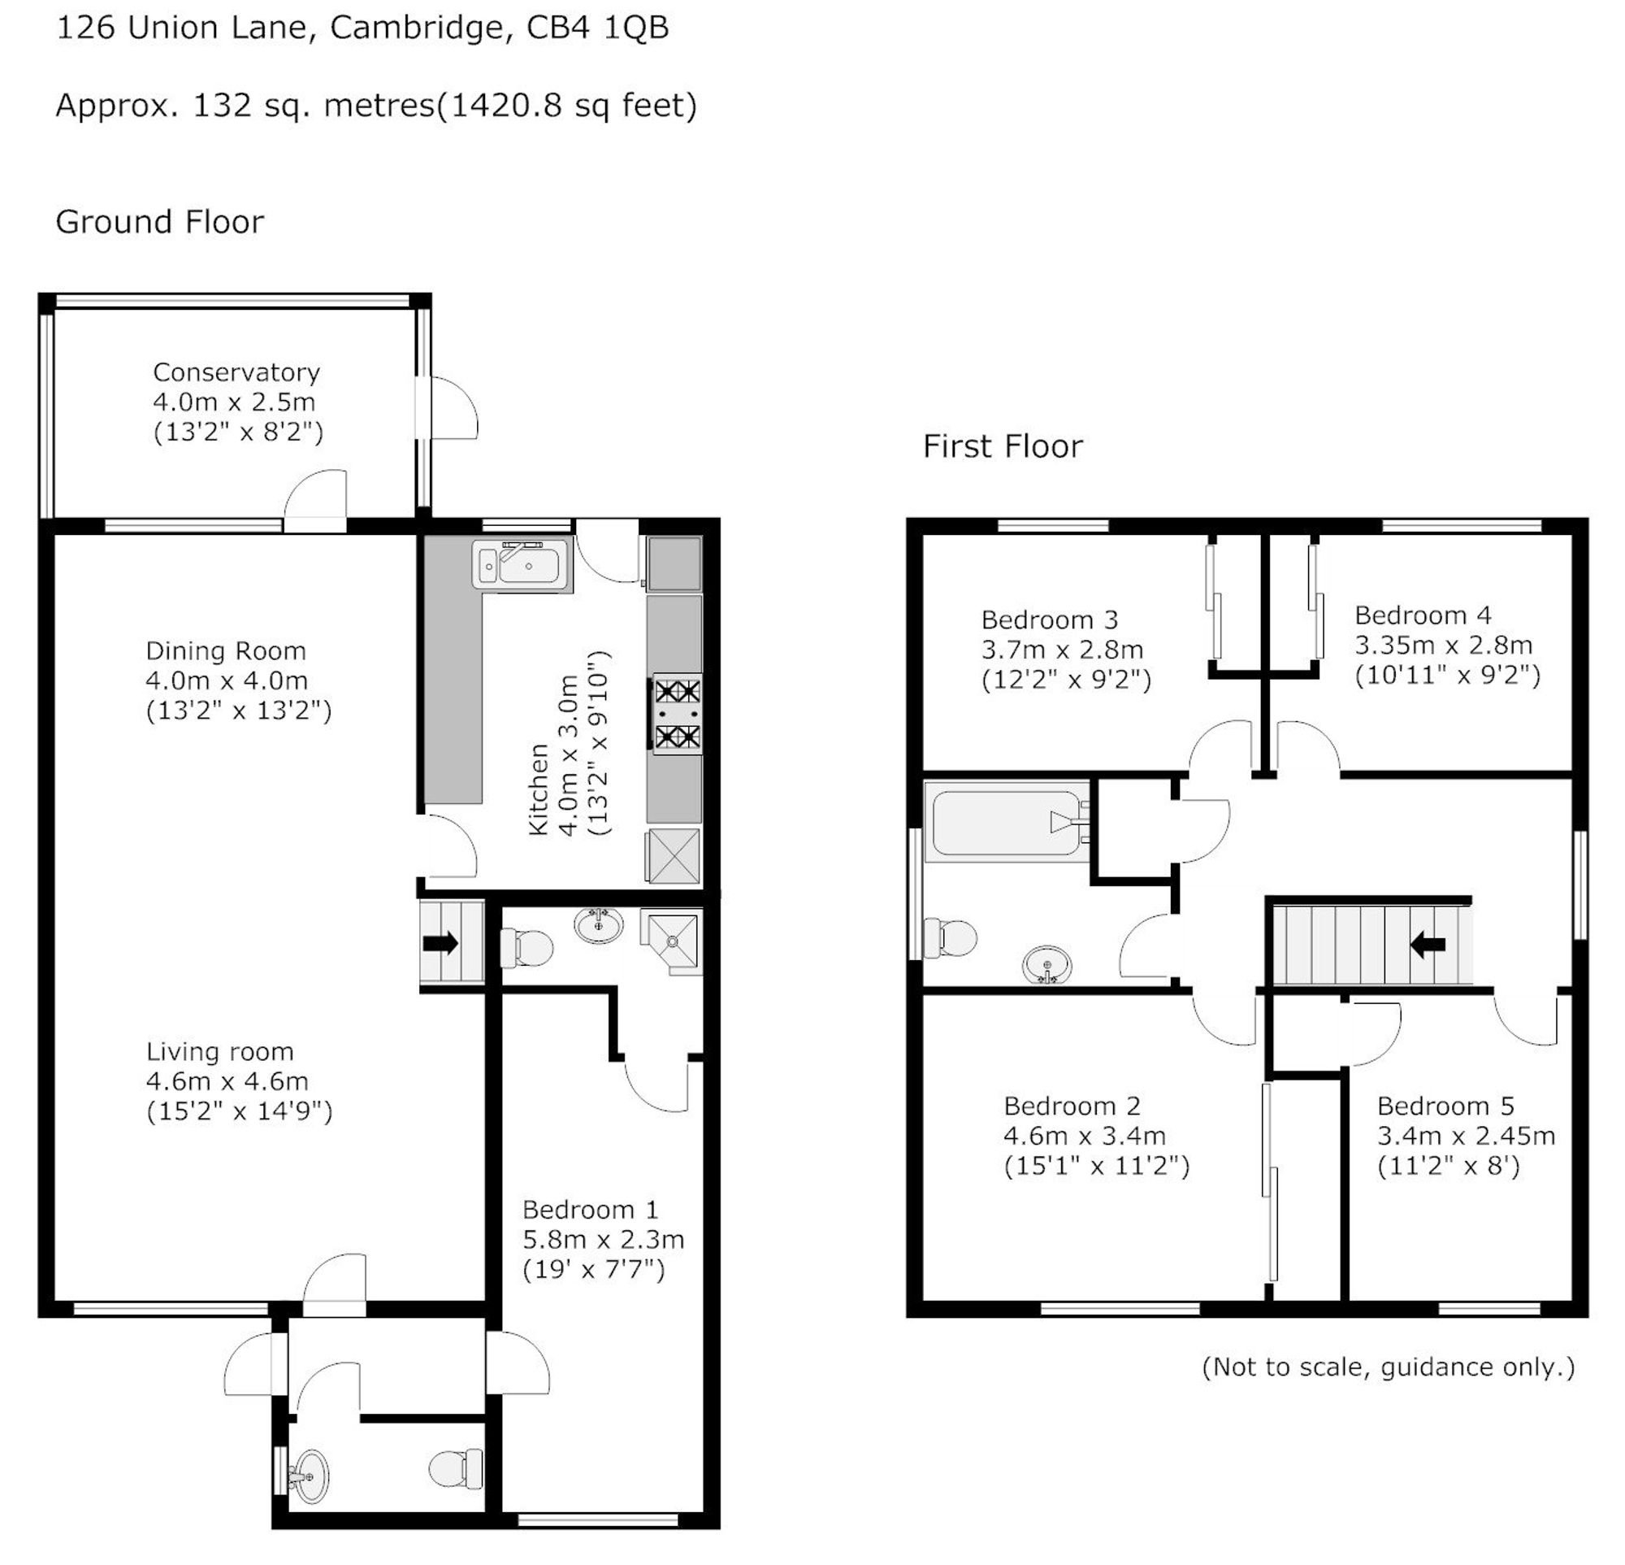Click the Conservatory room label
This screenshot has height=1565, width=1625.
pyautogui.click(x=236, y=372)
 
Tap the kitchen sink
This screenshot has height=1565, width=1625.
pyautogui.click(x=522, y=565)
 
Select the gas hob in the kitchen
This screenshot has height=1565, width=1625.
pyautogui.click(x=677, y=713)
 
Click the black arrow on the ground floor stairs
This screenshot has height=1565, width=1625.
pyautogui.click(x=441, y=943)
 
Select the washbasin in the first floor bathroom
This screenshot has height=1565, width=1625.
pyautogui.click(x=1047, y=965)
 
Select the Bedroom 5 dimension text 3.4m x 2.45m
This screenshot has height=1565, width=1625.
pyautogui.click(x=1466, y=1136)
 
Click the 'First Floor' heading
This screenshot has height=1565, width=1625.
pyautogui.click(x=1003, y=446)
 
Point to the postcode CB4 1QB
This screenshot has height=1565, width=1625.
pyautogui.click(x=598, y=28)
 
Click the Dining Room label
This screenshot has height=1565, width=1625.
pyautogui.click(x=226, y=650)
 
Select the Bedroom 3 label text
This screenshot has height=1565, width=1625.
pyautogui.click(x=1050, y=619)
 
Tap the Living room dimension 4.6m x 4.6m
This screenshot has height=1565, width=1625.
pyautogui.click(x=227, y=1081)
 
